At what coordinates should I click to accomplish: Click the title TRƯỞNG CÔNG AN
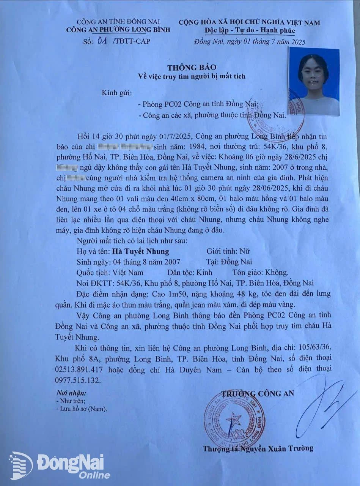pyautogui.click(x=258, y=394)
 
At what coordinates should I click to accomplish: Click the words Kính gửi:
pyautogui.click(x=114, y=92)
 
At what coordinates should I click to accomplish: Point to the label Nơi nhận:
pyautogui.click(x=71, y=393)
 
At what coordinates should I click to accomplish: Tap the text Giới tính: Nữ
pyautogui.click(x=227, y=251)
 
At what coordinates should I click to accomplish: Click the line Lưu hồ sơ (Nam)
pyautogui.click(x=81, y=409)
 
